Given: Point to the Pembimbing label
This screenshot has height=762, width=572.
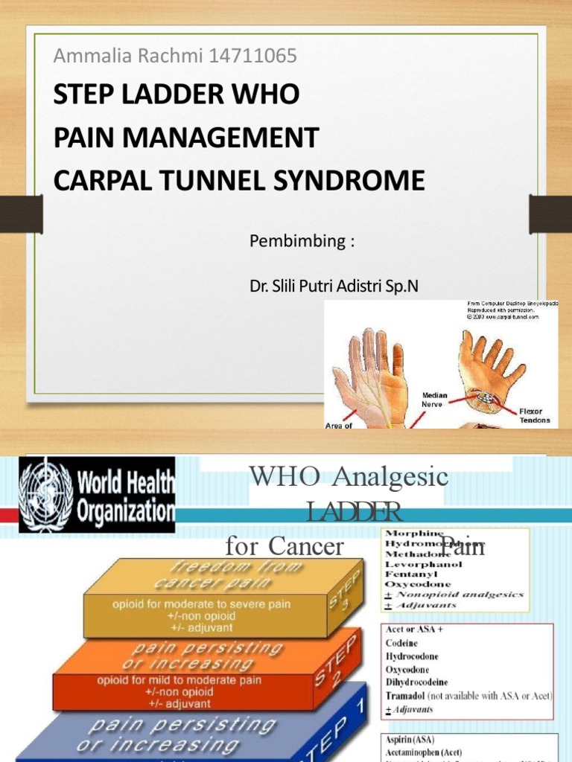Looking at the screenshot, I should point(301,242).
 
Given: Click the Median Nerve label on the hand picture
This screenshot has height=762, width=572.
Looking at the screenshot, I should point(433,400).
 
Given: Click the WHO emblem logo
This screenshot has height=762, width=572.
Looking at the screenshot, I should point(46,493).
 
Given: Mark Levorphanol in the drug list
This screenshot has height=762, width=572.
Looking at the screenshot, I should point(423,565).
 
